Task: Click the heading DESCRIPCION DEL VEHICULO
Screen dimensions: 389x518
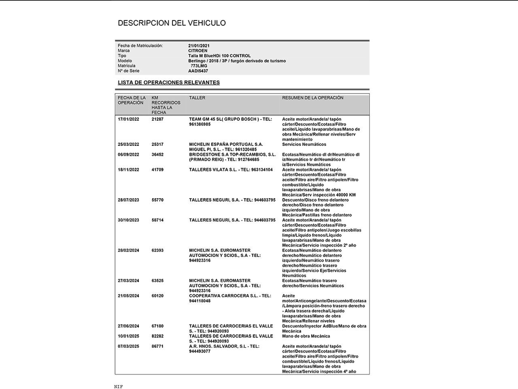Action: [x=172, y=23]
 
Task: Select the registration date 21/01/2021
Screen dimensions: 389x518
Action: [x=199, y=46]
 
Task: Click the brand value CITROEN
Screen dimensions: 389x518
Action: [x=197, y=51]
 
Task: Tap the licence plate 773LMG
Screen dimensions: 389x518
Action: [x=199, y=66]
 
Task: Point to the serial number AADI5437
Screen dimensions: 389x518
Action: [x=198, y=71]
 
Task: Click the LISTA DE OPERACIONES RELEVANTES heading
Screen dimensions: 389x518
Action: [x=169, y=83]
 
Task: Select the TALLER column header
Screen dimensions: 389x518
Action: [x=197, y=98]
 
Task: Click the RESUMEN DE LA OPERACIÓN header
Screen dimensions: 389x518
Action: [x=312, y=98]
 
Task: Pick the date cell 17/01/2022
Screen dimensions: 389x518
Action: [x=128, y=119]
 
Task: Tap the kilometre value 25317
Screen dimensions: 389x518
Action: [x=157, y=144]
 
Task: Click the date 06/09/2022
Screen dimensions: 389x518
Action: [x=128, y=154]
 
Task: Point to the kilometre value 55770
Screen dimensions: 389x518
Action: [x=157, y=200]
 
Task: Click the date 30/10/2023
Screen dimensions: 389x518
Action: [x=128, y=220]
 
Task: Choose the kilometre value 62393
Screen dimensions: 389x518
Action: [x=157, y=250]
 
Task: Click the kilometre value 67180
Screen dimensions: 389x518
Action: [x=157, y=326]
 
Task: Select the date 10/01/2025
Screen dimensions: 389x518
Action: [x=128, y=336]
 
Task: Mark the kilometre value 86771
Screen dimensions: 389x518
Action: [x=157, y=346]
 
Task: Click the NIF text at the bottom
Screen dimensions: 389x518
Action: [x=118, y=387]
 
